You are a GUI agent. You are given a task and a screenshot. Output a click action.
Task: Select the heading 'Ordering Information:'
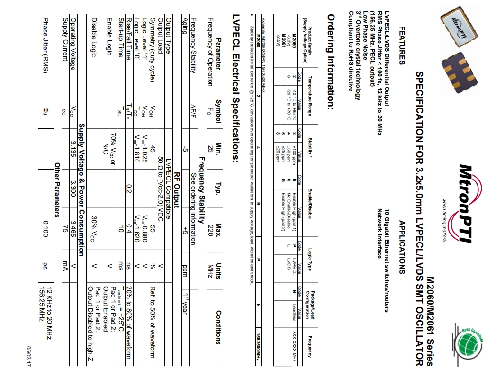(332, 62)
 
